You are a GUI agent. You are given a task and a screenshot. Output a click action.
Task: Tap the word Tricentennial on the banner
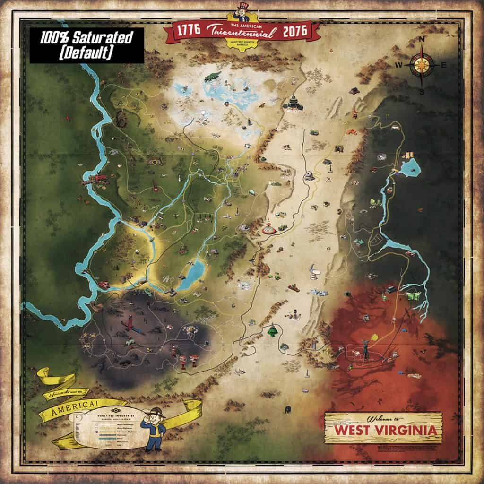click(x=242, y=34)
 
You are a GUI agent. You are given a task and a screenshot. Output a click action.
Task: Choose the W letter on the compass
click(x=398, y=65)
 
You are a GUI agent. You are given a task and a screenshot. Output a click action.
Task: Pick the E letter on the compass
click(x=444, y=65)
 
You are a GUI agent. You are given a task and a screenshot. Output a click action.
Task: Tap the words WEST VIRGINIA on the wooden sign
click(x=383, y=431)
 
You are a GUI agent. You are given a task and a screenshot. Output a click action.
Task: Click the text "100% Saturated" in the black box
click(x=87, y=37)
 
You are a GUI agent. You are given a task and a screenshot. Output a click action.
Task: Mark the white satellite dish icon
click(x=313, y=272)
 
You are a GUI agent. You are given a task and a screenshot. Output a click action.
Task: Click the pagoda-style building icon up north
click(x=293, y=103)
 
